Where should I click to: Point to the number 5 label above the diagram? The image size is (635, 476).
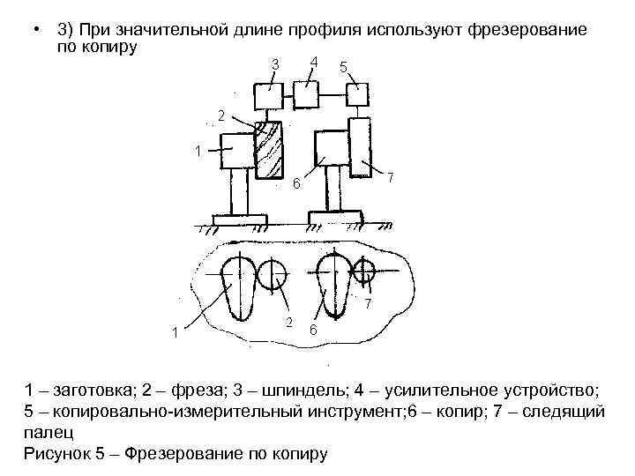click(x=343, y=67)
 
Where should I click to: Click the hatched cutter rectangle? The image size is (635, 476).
click(x=268, y=151)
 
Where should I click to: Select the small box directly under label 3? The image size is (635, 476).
click(x=267, y=93)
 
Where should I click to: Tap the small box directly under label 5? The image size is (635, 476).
click(x=357, y=93)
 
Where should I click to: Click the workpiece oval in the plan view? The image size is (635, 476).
click(x=235, y=286)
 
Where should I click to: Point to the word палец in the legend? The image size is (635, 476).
click(x=46, y=433)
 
